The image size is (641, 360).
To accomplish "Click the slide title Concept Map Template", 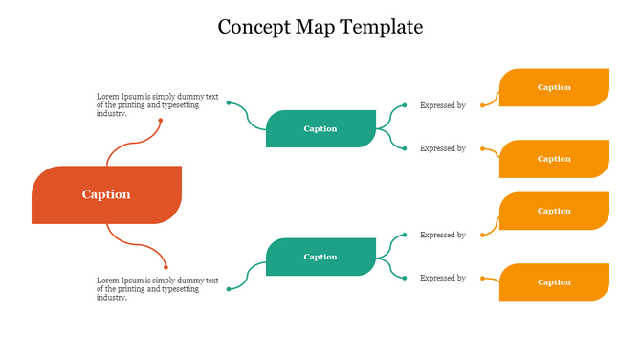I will [x=320, y=27].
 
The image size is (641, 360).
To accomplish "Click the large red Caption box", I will [x=106, y=194].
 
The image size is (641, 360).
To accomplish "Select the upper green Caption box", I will [x=320, y=128].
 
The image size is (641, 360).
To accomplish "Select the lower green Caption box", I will [x=320, y=257].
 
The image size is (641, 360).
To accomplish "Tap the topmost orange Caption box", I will [x=554, y=87].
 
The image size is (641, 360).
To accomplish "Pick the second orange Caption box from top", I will [x=554, y=159].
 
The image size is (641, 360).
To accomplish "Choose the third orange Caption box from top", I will [x=554, y=211].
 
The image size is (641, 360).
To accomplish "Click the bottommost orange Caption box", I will [x=554, y=282].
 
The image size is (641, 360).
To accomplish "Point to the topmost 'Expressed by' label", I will [x=443, y=105].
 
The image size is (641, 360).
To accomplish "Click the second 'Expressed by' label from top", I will [x=443, y=148].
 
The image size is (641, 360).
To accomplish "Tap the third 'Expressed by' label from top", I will [x=443, y=235].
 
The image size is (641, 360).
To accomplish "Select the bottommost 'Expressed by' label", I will [x=443, y=278].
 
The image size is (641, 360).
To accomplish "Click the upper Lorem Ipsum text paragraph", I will [x=158, y=104].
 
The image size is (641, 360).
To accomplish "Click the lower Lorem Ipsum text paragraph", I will [x=158, y=288].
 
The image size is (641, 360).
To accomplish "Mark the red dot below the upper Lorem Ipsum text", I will [x=161, y=121].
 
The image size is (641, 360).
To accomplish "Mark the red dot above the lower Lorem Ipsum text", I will [x=166, y=266].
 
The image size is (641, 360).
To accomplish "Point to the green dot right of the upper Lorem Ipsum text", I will [x=229, y=102].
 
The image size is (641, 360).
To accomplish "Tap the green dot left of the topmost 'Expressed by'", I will [x=405, y=105].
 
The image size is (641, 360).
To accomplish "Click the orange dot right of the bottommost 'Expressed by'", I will [x=482, y=279].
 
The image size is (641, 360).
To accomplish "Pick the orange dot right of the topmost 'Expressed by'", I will [x=482, y=105].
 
